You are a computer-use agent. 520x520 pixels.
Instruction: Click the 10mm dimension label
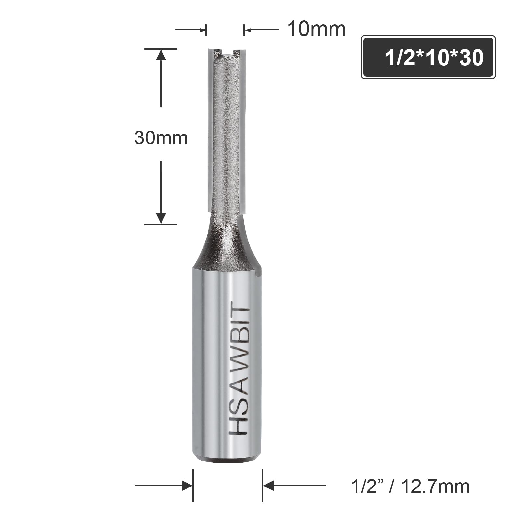coord(316,30)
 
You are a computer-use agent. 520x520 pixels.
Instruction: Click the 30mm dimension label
coord(161,138)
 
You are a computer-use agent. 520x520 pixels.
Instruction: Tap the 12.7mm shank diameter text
coord(435,487)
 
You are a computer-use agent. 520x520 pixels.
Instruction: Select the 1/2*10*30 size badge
coord(428,57)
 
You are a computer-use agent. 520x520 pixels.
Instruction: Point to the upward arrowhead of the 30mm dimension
coord(161,55)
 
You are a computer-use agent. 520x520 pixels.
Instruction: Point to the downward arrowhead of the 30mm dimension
coord(161,218)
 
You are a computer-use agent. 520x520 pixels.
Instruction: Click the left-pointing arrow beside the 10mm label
coord(261,30)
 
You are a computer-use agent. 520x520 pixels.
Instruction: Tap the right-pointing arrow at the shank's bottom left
coord(164,486)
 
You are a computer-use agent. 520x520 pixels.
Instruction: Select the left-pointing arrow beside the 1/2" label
coord(294,486)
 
